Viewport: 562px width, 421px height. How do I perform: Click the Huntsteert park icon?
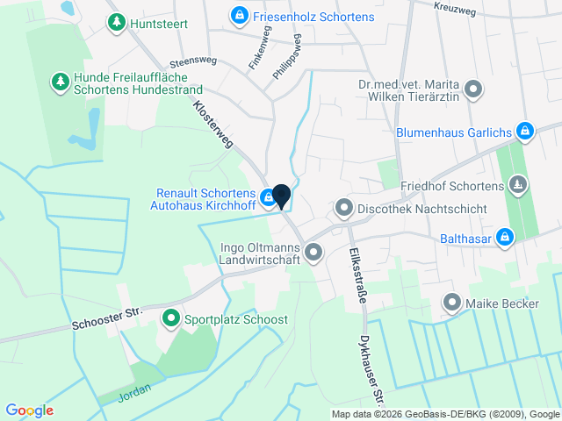(116, 24)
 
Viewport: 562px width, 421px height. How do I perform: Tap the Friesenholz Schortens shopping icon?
(239, 16)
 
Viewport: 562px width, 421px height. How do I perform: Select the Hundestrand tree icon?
(60, 82)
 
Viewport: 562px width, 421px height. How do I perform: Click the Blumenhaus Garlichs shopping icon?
(524, 132)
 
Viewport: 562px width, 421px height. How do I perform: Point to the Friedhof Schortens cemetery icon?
(518, 186)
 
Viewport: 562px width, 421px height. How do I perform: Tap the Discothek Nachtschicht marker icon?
(343, 210)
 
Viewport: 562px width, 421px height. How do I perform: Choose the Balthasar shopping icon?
(504, 237)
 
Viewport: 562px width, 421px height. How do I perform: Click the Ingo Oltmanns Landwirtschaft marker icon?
(314, 253)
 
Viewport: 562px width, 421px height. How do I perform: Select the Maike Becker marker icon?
(452, 304)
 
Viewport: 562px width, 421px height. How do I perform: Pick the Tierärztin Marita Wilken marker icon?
(473, 90)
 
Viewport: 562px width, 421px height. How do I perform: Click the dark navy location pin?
(282, 196)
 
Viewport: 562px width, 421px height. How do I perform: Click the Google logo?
(30, 410)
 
